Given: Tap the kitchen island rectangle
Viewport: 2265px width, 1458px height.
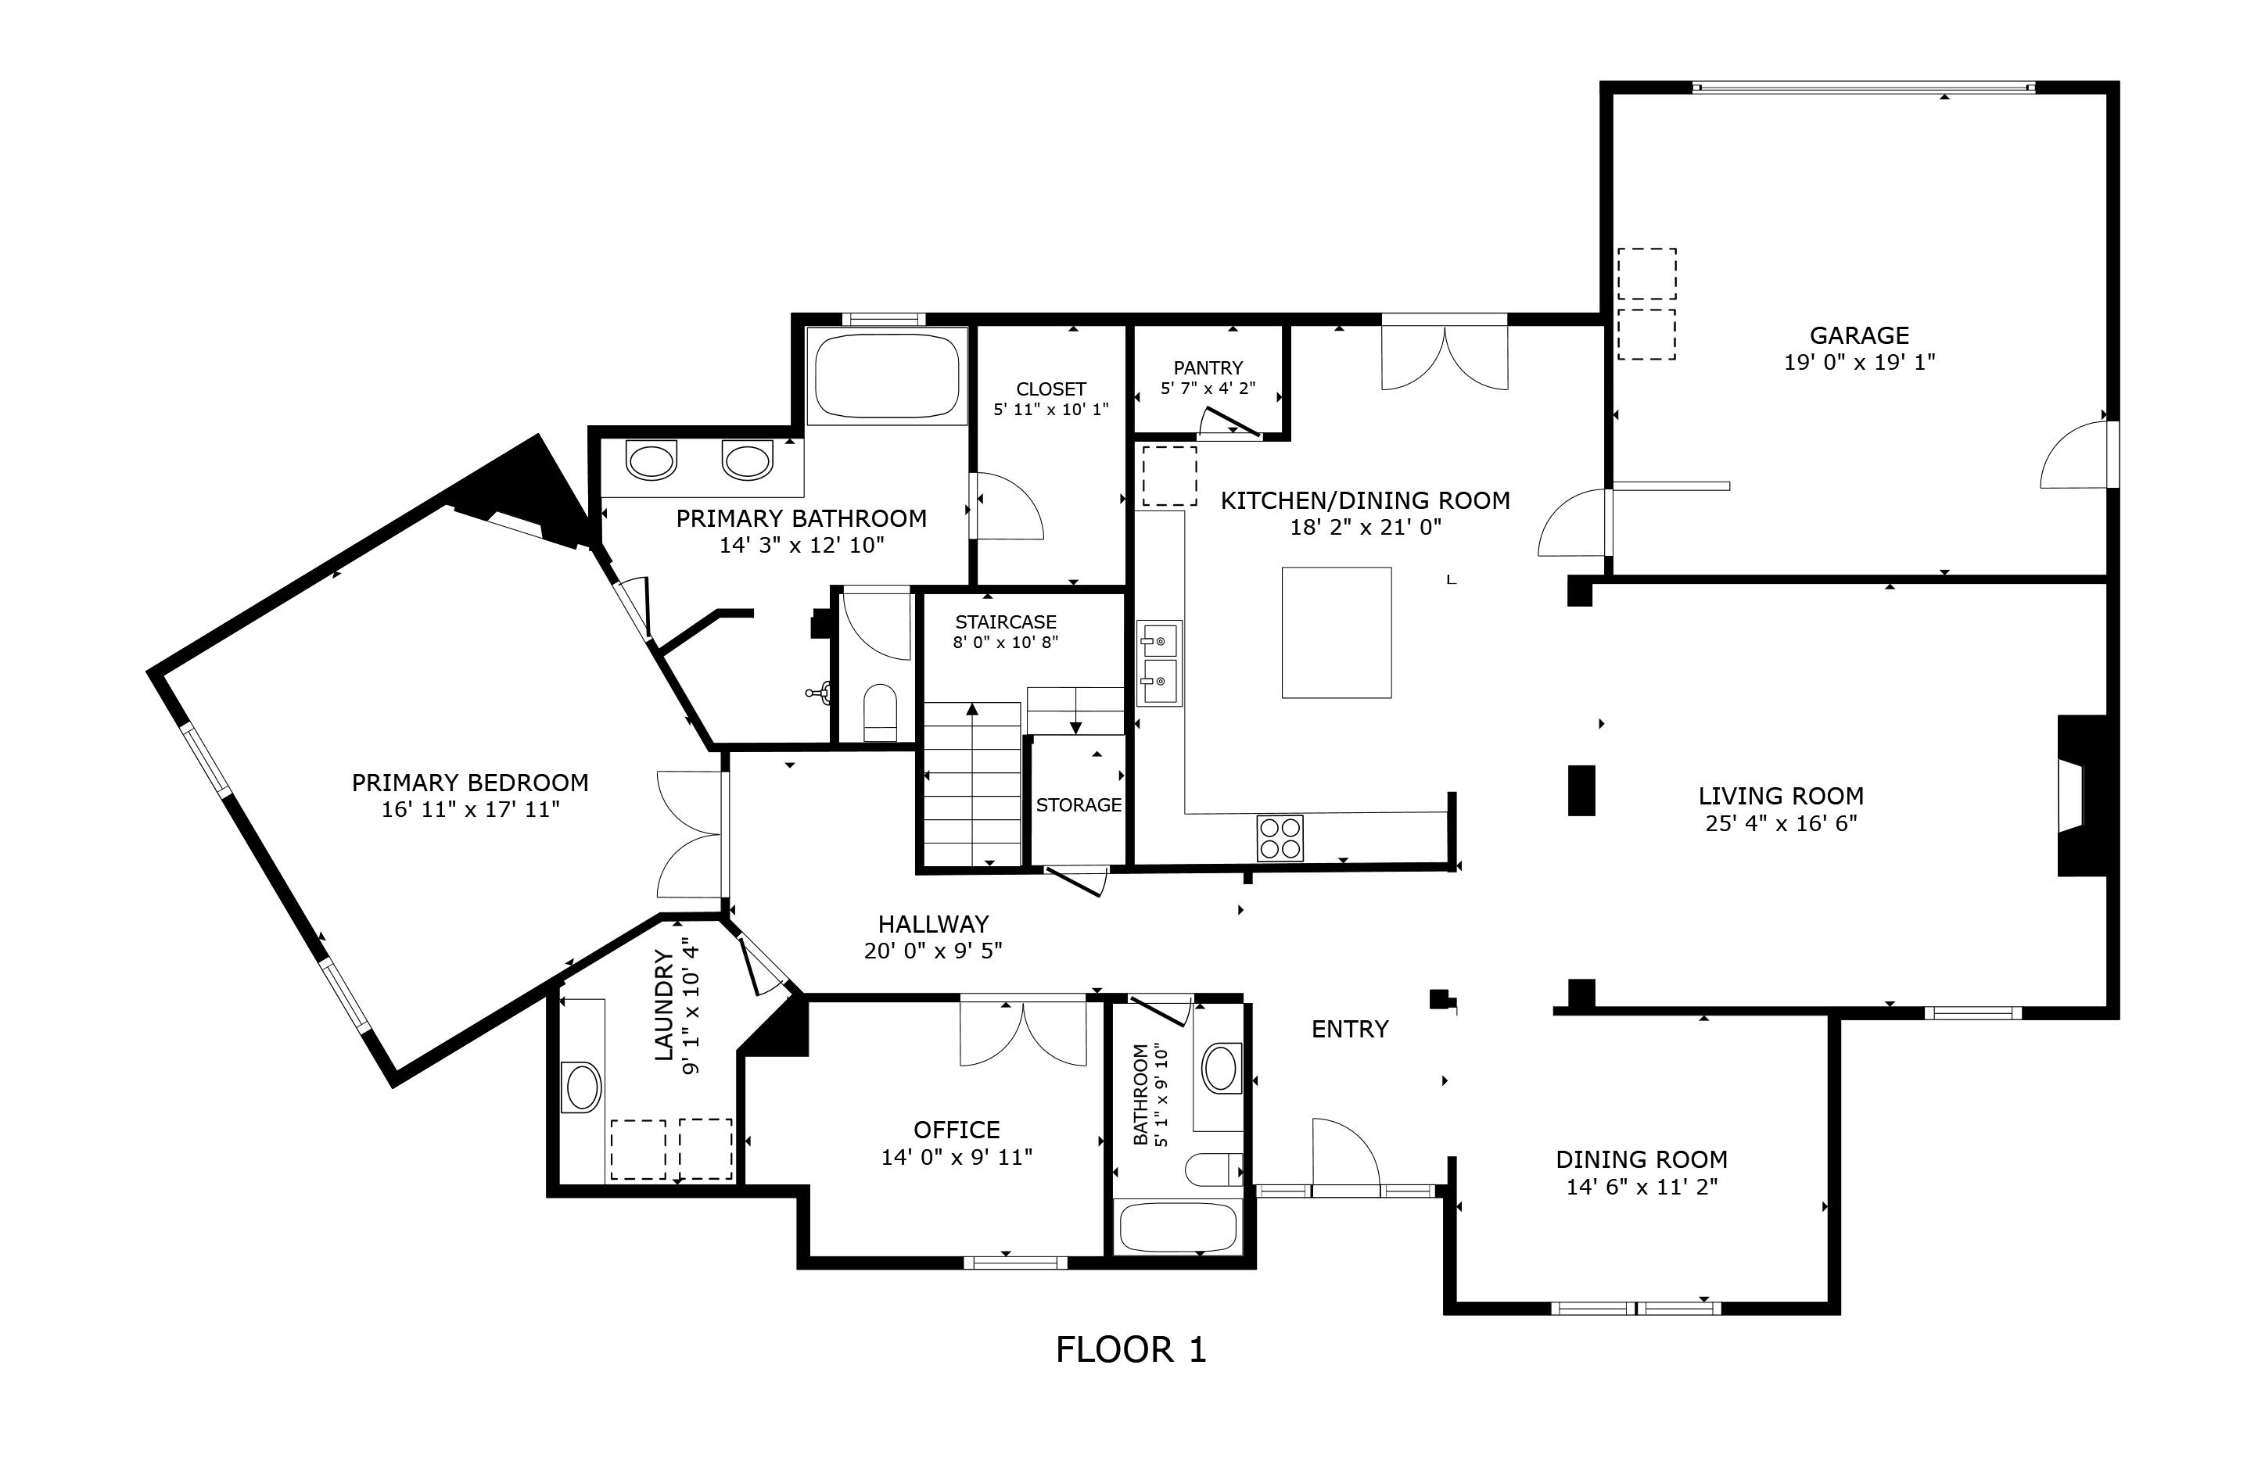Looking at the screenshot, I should (x=1336, y=632).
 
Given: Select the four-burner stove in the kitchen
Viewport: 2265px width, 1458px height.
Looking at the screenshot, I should (x=1280, y=838).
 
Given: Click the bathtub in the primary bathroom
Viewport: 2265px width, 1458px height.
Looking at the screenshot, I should (x=886, y=376).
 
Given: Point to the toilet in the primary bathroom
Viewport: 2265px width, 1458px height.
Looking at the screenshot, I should (x=880, y=712).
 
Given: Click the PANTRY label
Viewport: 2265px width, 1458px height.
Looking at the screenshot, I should (x=1208, y=367).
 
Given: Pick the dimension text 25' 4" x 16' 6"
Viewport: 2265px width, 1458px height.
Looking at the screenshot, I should (x=1780, y=822).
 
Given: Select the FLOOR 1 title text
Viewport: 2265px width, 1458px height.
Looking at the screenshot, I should (x=1131, y=1350).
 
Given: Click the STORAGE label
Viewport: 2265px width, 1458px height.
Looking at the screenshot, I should (x=1078, y=804).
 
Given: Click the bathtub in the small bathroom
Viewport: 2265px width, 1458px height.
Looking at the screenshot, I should (x=1178, y=1227).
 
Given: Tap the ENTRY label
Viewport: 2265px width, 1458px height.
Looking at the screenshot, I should (x=1349, y=1029).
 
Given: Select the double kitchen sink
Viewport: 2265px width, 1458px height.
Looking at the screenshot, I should (x=1159, y=663).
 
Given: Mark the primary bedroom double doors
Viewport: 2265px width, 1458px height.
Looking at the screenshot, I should (x=691, y=834).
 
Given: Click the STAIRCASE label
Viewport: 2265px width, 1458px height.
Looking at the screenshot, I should (x=1005, y=622).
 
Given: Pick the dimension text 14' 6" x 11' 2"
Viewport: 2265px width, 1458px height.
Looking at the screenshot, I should (x=1641, y=1186).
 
